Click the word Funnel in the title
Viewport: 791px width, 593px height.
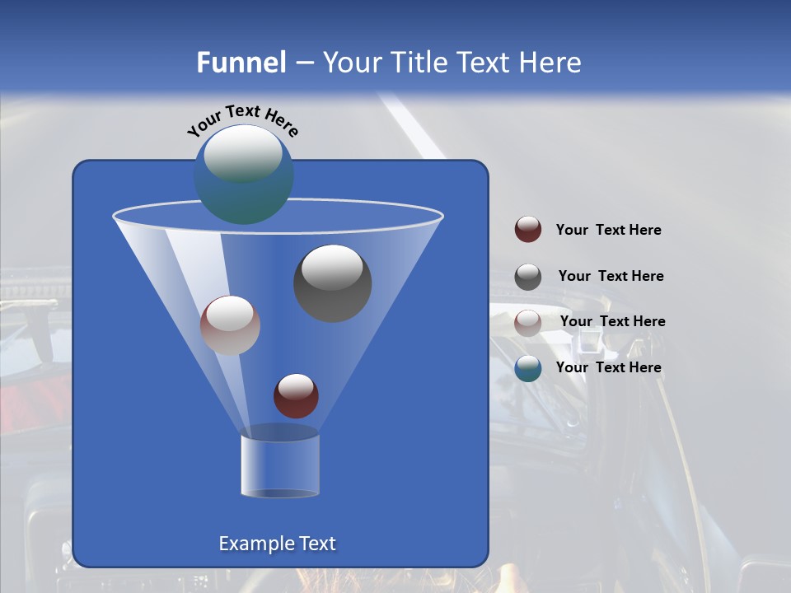241,63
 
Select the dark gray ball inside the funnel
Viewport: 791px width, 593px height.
332,284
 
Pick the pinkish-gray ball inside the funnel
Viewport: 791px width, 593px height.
230,326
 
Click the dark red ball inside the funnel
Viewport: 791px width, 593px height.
296,396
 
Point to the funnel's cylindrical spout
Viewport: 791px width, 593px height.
280,465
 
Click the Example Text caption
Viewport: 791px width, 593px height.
277,544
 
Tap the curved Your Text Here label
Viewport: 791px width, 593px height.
242,119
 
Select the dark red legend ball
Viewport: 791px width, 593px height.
528,230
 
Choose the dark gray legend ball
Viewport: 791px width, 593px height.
528,277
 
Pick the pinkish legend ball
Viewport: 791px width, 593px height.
528,323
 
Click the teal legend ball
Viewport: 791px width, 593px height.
528,368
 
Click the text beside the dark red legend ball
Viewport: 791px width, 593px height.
608,231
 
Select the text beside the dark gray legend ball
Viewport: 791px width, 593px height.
611,277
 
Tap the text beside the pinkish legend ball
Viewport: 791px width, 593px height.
612,322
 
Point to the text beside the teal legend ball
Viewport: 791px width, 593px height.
608,368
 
